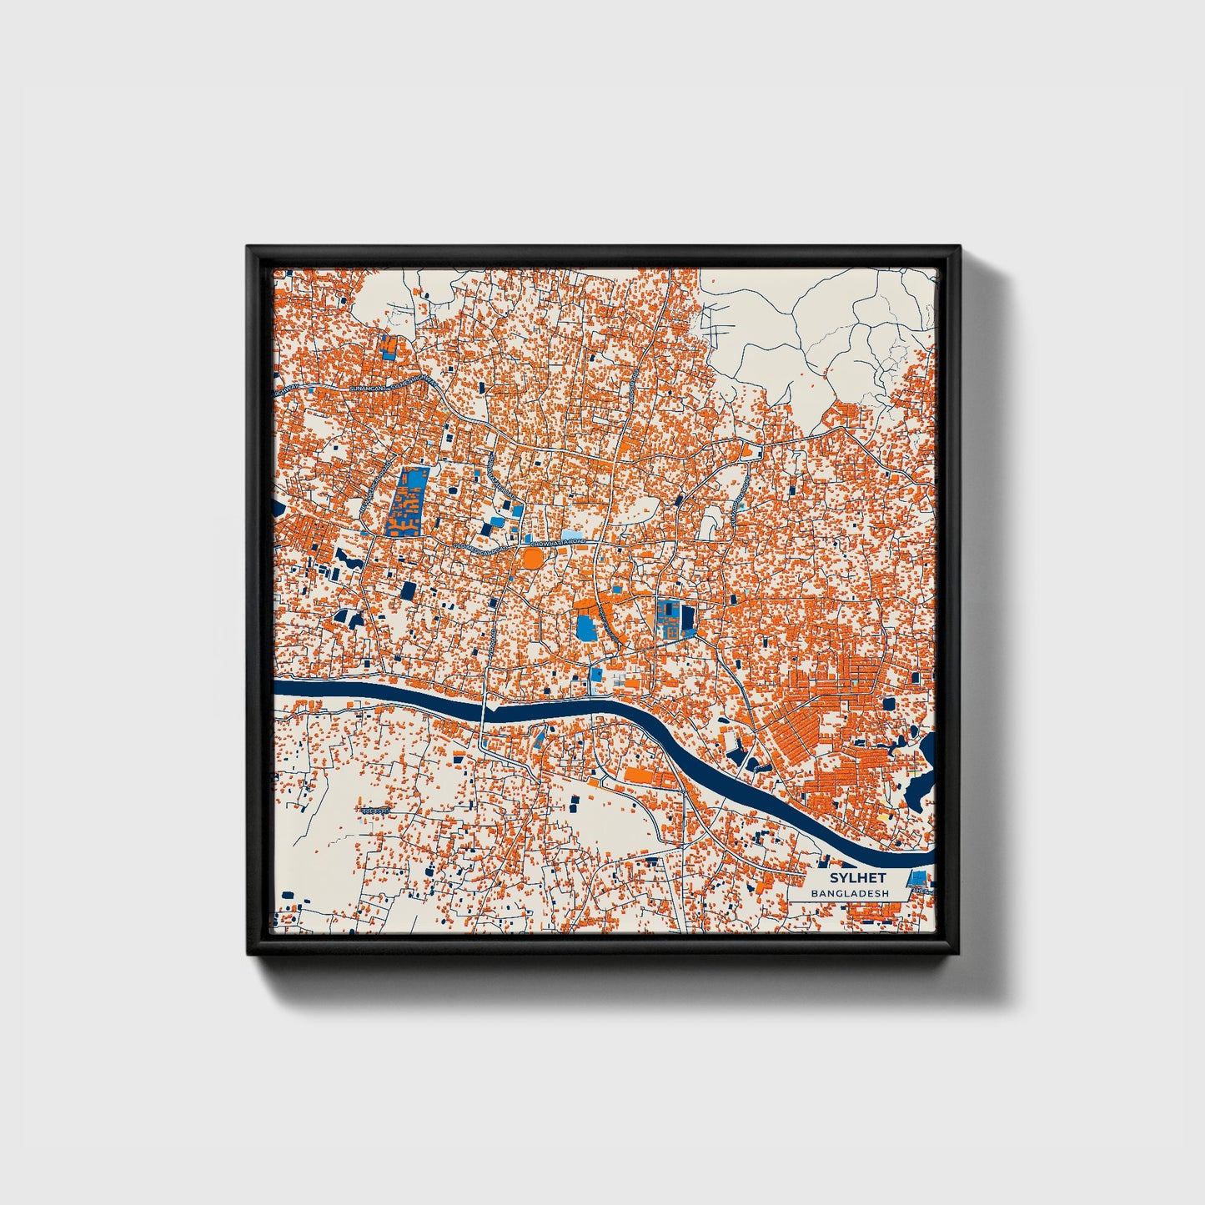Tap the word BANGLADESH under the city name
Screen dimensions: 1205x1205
(850, 893)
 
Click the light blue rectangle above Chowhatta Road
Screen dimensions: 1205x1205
(570, 534)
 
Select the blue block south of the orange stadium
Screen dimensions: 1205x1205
(587, 625)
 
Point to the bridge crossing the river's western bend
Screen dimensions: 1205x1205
(484, 713)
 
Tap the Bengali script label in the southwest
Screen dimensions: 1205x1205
(375, 811)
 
